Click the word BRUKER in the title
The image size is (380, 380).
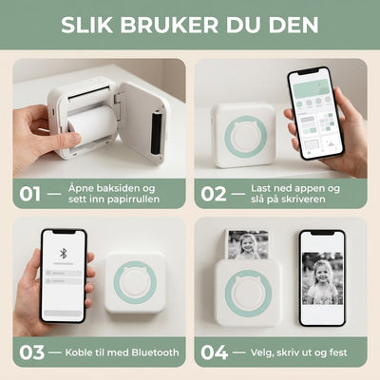169,25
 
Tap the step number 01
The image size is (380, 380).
30,194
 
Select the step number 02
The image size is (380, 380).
214,194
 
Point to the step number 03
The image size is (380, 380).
31,352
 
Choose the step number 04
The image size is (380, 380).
214,352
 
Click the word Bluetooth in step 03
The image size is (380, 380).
155,352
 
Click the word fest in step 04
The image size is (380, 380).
337,352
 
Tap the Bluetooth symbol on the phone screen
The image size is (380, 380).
63,254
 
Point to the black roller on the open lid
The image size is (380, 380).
157,132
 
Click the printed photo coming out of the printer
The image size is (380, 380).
248,244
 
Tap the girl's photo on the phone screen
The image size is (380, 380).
322,278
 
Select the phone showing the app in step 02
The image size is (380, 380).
315,113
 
